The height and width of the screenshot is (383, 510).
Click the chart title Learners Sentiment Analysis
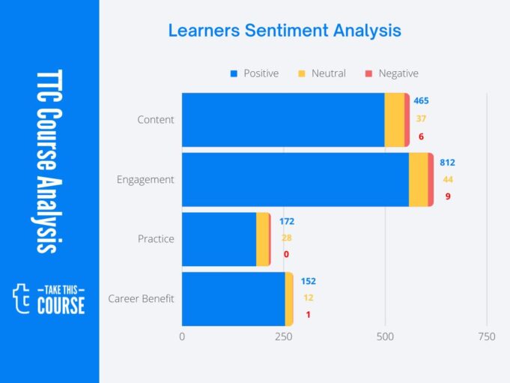click(285, 31)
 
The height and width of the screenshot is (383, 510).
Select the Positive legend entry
click(255, 73)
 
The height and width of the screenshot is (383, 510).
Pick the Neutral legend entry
click(323, 73)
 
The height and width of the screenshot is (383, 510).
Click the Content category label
click(156, 120)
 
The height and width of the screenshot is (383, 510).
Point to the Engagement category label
click(145, 180)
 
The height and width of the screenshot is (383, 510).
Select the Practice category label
click(156, 239)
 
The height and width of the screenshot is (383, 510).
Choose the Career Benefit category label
click(141, 299)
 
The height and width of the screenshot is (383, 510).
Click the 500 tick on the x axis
click(385, 337)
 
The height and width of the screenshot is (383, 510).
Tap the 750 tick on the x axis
click(486, 337)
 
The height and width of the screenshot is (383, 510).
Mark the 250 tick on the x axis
click(283, 337)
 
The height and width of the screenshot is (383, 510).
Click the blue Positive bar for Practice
click(219, 239)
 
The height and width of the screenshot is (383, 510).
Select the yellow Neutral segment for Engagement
click(418, 180)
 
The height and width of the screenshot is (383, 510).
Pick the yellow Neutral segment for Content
click(394, 120)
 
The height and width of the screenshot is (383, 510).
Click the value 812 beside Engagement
click(447, 163)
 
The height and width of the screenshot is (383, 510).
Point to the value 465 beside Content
click(421, 100)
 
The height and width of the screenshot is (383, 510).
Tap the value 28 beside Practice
click(286, 238)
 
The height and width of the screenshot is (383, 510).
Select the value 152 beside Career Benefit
click(309, 281)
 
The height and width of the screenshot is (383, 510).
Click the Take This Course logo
click(49, 298)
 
